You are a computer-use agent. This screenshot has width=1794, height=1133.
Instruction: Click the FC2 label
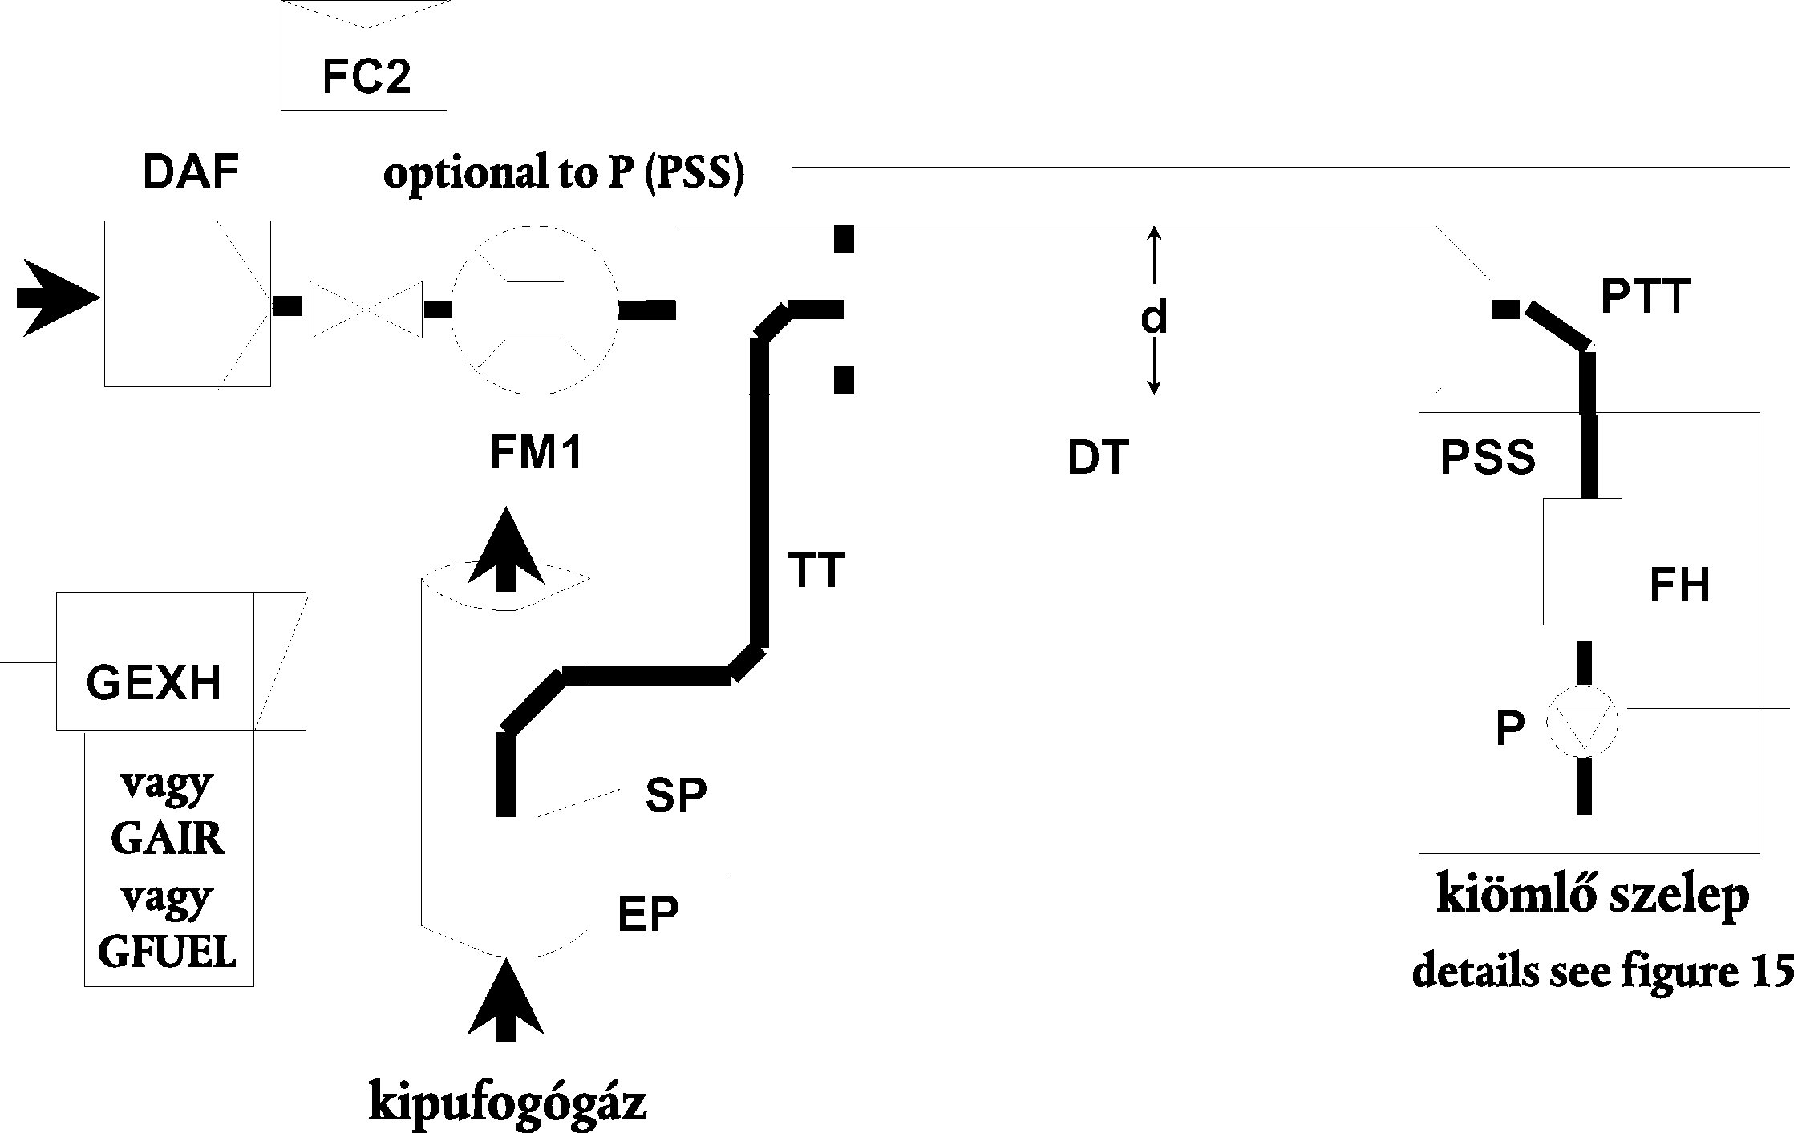[366, 78]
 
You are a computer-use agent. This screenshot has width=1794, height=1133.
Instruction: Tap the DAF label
[191, 172]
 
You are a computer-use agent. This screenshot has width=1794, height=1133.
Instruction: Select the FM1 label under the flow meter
[536, 453]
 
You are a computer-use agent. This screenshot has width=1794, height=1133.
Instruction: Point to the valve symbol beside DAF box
[366, 309]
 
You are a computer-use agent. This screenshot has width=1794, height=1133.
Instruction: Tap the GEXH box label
[153, 684]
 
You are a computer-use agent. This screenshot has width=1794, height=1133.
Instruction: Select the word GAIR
[168, 840]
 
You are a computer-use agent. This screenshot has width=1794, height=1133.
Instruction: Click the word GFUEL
[168, 953]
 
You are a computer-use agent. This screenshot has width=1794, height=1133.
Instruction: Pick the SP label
[676, 796]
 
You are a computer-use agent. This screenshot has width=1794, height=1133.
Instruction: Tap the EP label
[648, 914]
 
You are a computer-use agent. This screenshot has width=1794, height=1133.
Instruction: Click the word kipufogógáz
[508, 1103]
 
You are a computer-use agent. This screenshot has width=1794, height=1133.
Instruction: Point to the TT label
[816, 571]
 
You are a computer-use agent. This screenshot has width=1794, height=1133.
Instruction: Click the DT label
[1098, 459]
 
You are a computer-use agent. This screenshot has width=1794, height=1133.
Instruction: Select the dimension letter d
[1154, 318]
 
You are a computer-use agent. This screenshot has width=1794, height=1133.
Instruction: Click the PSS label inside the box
[1488, 459]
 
